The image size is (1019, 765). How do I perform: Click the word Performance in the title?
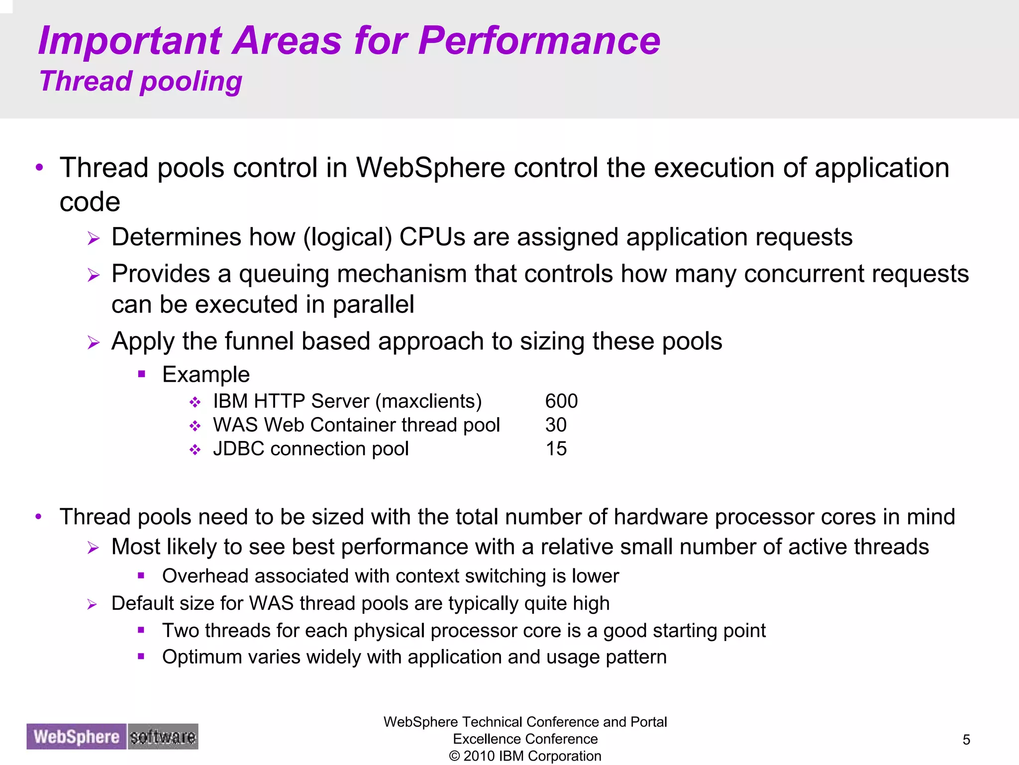pyautogui.click(x=539, y=41)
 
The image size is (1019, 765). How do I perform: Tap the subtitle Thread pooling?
pyautogui.click(x=141, y=81)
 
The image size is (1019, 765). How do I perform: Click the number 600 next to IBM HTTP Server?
pyautogui.click(x=561, y=401)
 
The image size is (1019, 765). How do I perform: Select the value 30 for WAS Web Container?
pyautogui.click(x=556, y=425)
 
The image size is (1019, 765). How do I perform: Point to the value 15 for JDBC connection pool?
pyautogui.click(x=556, y=449)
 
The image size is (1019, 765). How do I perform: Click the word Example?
pyautogui.click(x=205, y=374)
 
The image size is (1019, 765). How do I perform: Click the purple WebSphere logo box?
pyautogui.click(x=77, y=737)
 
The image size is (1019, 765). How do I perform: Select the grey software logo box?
pyautogui.click(x=163, y=737)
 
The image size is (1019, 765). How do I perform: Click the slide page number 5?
pyautogui.click(x=966, y=740)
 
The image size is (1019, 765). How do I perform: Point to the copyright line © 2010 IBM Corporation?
pyautogui.click(x=525, y=756)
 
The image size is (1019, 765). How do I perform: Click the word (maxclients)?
pyautogui.click(x=428, y=401)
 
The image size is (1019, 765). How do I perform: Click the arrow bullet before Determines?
pyautogui.click(x=94, y=238)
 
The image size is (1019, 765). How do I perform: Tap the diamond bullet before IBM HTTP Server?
pyautogui.click(x=195, y=402)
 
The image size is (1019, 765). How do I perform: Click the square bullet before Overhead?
pyautogui.click(x=141, y=576)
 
